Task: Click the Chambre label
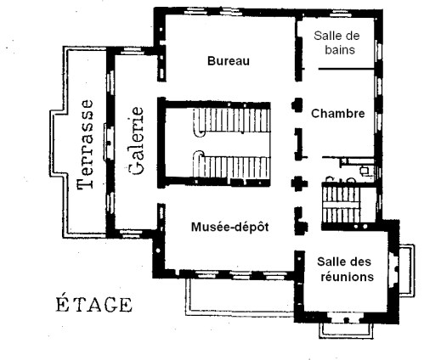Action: (x=337, y=113)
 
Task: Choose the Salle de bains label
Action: (x=338, y=42)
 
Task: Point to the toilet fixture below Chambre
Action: (x=365, y=170)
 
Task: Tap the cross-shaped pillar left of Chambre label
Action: (x=297, y=105)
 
